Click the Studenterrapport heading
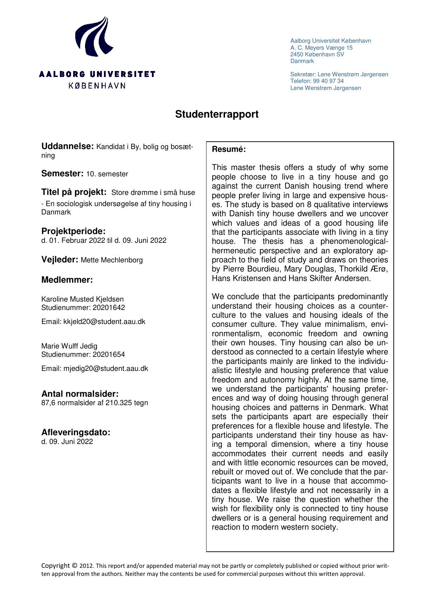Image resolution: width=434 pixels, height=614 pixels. [x=217, y=114]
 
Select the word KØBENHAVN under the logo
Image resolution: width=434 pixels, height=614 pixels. [x=97, y=86]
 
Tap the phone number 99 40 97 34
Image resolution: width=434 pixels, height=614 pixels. [x=328, y=81]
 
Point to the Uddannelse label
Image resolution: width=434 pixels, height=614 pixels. [x=67, y=147]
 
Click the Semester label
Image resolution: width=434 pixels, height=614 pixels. [x=62, y=174]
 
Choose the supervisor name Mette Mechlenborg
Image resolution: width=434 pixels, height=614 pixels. [x=112, y=260]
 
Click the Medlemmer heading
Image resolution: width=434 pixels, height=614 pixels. [x=67, y=280]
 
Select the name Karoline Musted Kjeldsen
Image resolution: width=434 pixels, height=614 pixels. [x=82, y=299]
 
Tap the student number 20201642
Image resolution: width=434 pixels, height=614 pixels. [x=108, y=308]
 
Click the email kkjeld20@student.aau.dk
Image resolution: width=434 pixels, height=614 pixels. [x=104, y=322]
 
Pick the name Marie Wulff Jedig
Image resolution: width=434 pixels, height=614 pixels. [x=69, y=346]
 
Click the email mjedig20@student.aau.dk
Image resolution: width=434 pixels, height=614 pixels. [x=105, y=369]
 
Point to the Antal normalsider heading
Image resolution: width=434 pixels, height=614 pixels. [x=80, y=394]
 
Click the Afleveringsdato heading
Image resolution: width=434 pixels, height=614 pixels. [x=76, y=432]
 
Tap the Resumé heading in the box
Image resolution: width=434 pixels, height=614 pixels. [x=229, y=149]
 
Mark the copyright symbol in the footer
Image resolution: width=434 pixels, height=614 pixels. [x=75, y=566]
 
